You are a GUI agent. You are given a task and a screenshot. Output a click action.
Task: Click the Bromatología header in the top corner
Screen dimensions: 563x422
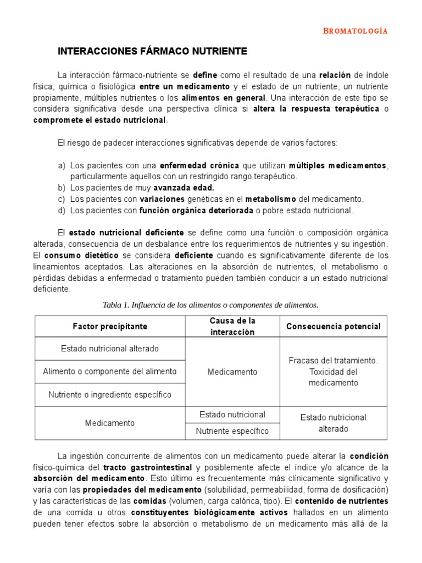tap(355, 31)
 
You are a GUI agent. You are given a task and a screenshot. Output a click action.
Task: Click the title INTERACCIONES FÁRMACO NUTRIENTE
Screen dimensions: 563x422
tap(153, 52)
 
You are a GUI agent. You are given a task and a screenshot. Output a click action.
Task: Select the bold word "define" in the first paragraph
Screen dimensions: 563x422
tap(205, 75)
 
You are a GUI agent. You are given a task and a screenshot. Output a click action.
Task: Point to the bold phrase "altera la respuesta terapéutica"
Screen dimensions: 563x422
tap(316, 109)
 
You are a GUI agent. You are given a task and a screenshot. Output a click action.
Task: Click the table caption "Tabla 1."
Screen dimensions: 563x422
tap(115, 305)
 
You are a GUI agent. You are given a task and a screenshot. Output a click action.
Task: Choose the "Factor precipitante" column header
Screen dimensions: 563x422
tap(110, 326)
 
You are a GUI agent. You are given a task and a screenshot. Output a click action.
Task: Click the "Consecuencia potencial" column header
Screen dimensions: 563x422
tap(333, 326)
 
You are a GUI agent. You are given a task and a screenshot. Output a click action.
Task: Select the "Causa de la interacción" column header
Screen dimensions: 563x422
tap(232, 326)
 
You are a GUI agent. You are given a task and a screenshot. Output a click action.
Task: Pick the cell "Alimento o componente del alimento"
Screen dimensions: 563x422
tap(110, 372)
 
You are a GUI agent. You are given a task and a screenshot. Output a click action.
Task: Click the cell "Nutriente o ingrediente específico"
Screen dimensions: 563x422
tap(110, 395)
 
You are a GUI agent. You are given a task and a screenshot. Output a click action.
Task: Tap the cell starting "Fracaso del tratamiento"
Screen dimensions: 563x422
tap(333, 372)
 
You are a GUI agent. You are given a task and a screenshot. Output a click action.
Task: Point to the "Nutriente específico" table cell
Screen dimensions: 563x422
tap(232, 431)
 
